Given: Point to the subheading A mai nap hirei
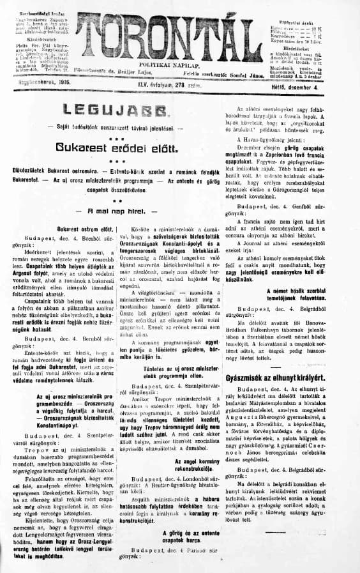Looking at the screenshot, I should click(x=112, y=192).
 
